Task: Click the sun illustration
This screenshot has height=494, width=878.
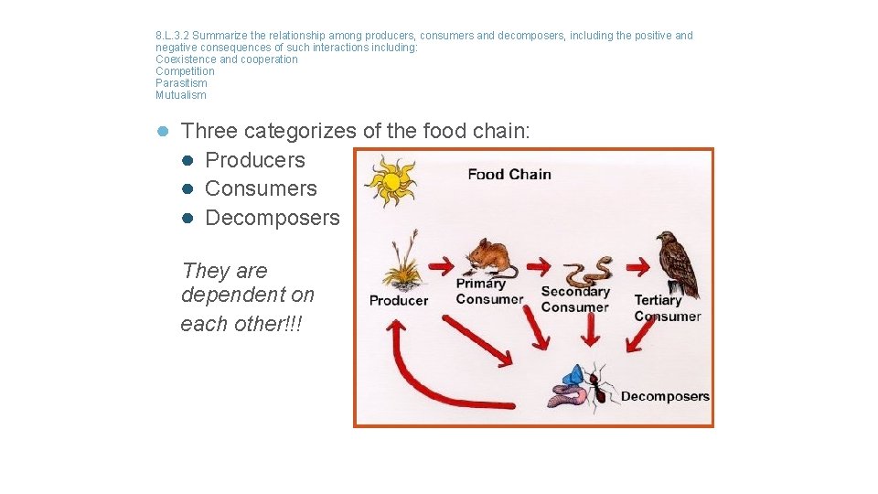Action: (x=391, y=180)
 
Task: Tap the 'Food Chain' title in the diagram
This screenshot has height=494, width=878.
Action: (x=509, y=174)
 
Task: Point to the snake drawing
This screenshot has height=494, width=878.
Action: (x=585, y=271)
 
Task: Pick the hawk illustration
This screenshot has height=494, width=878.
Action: (x=676, y=263)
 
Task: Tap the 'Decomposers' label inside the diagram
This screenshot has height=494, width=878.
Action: (x=665, y=396)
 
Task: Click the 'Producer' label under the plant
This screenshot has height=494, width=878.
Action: (x=399, y=300)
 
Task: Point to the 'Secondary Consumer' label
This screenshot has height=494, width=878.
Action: (x=575, y=299)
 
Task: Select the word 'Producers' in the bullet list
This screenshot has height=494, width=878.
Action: (x=255, y=160)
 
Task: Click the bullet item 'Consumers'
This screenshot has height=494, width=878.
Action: (x=261, y=188)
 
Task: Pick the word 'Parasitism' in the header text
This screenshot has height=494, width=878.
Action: (x=181, y=83)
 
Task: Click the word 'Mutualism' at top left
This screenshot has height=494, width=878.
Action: (x=181, y=95)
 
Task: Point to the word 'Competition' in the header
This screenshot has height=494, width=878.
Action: (x=185, y=71)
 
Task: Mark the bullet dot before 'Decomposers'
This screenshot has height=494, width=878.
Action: (x=186, y=219)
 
